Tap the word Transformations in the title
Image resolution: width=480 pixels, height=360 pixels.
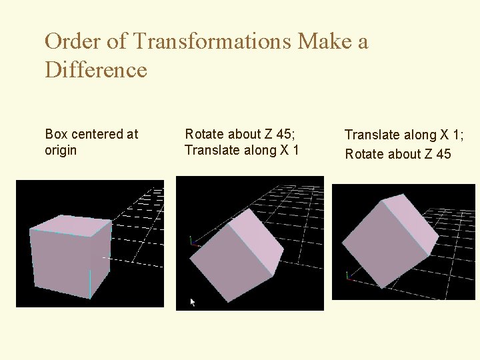point(212,42)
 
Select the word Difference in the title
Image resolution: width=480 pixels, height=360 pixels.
point(95,69)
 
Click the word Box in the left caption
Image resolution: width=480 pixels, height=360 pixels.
point(56,134)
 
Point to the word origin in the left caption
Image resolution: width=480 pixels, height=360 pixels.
point(61,151)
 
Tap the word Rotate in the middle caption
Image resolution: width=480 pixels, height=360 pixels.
point(203,134)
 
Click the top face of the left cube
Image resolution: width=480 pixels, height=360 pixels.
point(71,225)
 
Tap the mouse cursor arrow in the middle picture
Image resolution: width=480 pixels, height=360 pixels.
point(193,303)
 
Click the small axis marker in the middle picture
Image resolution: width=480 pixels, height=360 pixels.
point(193,241)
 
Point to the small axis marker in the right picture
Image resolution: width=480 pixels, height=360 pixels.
point(348,275)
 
